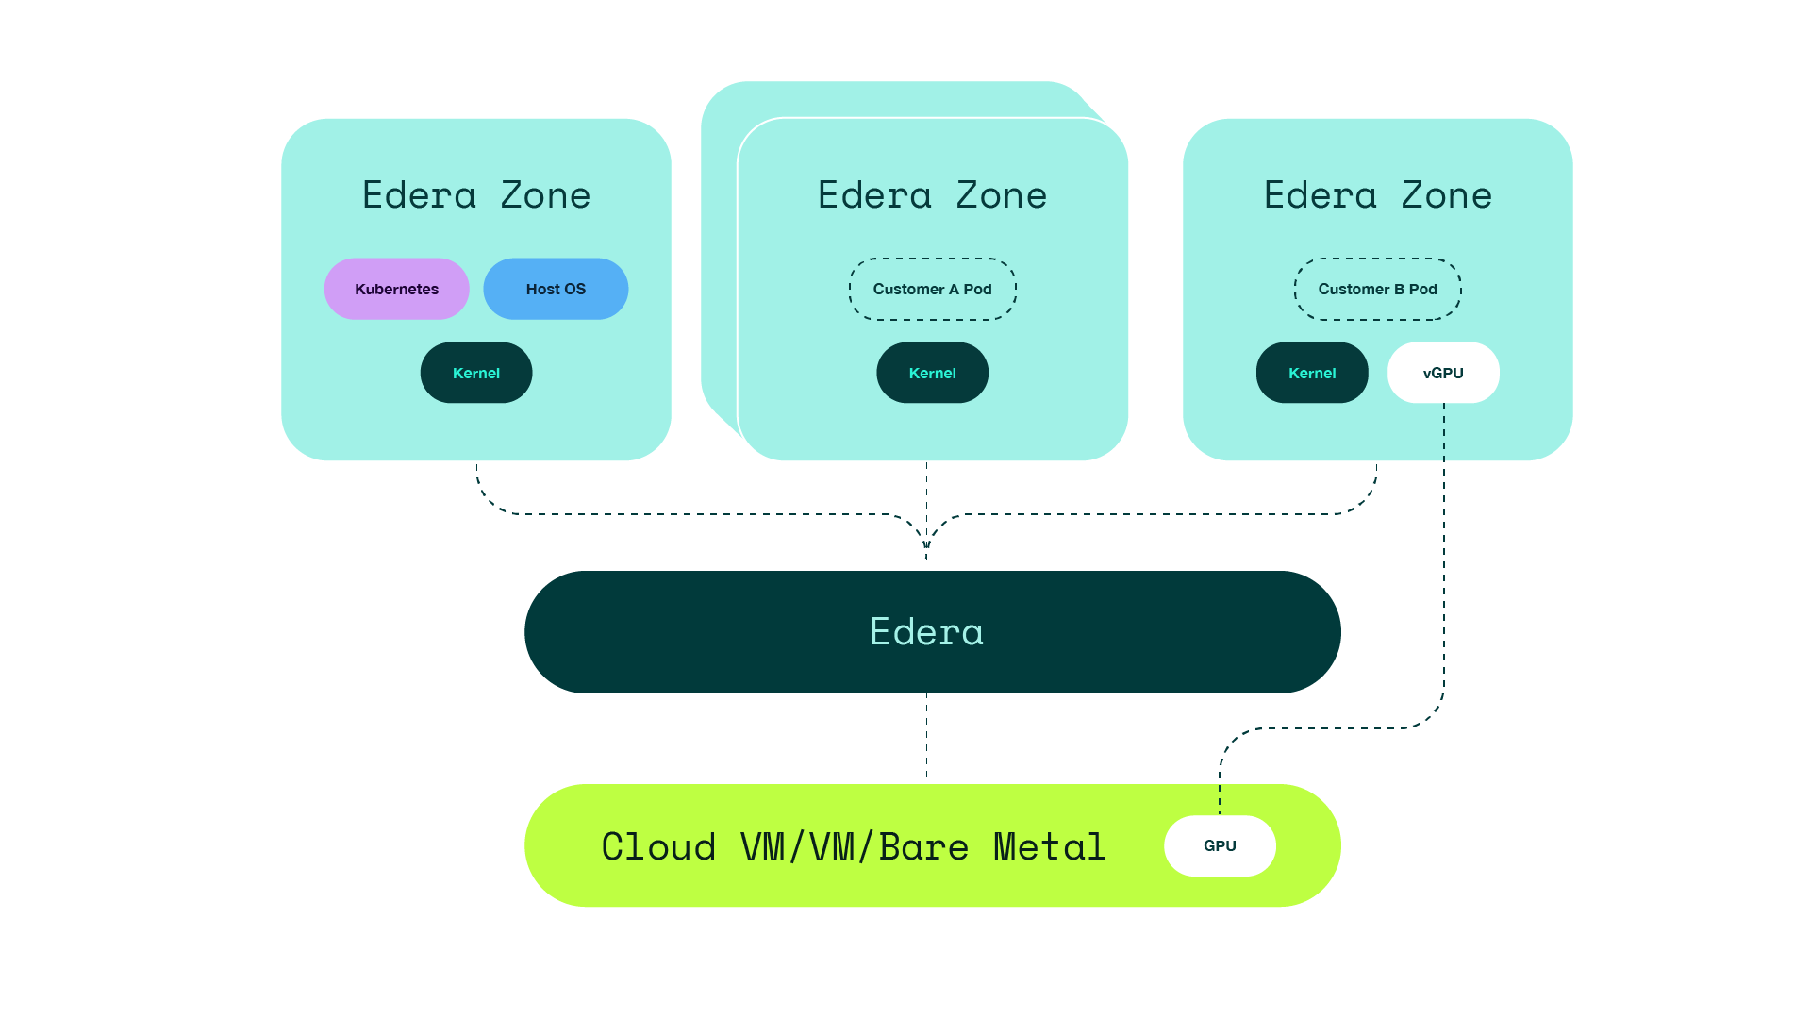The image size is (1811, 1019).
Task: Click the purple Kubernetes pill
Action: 396,289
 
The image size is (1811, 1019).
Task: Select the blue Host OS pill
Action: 556,289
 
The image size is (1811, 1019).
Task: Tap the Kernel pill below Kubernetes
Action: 476,373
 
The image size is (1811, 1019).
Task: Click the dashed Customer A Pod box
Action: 932,289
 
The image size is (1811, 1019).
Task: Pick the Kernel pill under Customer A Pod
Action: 932,373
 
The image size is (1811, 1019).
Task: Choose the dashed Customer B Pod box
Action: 1377,289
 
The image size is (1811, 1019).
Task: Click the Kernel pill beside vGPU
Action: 1312,373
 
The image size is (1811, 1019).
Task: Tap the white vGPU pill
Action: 1443,373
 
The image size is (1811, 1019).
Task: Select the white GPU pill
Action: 1220,845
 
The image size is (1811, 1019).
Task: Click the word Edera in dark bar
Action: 926,632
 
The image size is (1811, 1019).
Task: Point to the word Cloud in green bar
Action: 658,846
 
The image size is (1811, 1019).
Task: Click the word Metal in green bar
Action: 1049,846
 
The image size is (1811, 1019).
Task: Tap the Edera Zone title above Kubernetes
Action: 476,195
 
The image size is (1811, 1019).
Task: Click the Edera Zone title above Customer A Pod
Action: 932,195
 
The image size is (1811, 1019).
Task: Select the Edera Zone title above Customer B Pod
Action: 1377,195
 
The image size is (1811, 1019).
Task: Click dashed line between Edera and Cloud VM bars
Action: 926,738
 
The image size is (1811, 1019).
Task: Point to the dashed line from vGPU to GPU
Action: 1444,566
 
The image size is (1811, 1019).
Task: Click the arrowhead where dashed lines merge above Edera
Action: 926,544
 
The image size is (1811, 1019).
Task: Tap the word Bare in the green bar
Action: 923,846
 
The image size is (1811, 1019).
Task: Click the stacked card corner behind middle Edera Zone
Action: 722,104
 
